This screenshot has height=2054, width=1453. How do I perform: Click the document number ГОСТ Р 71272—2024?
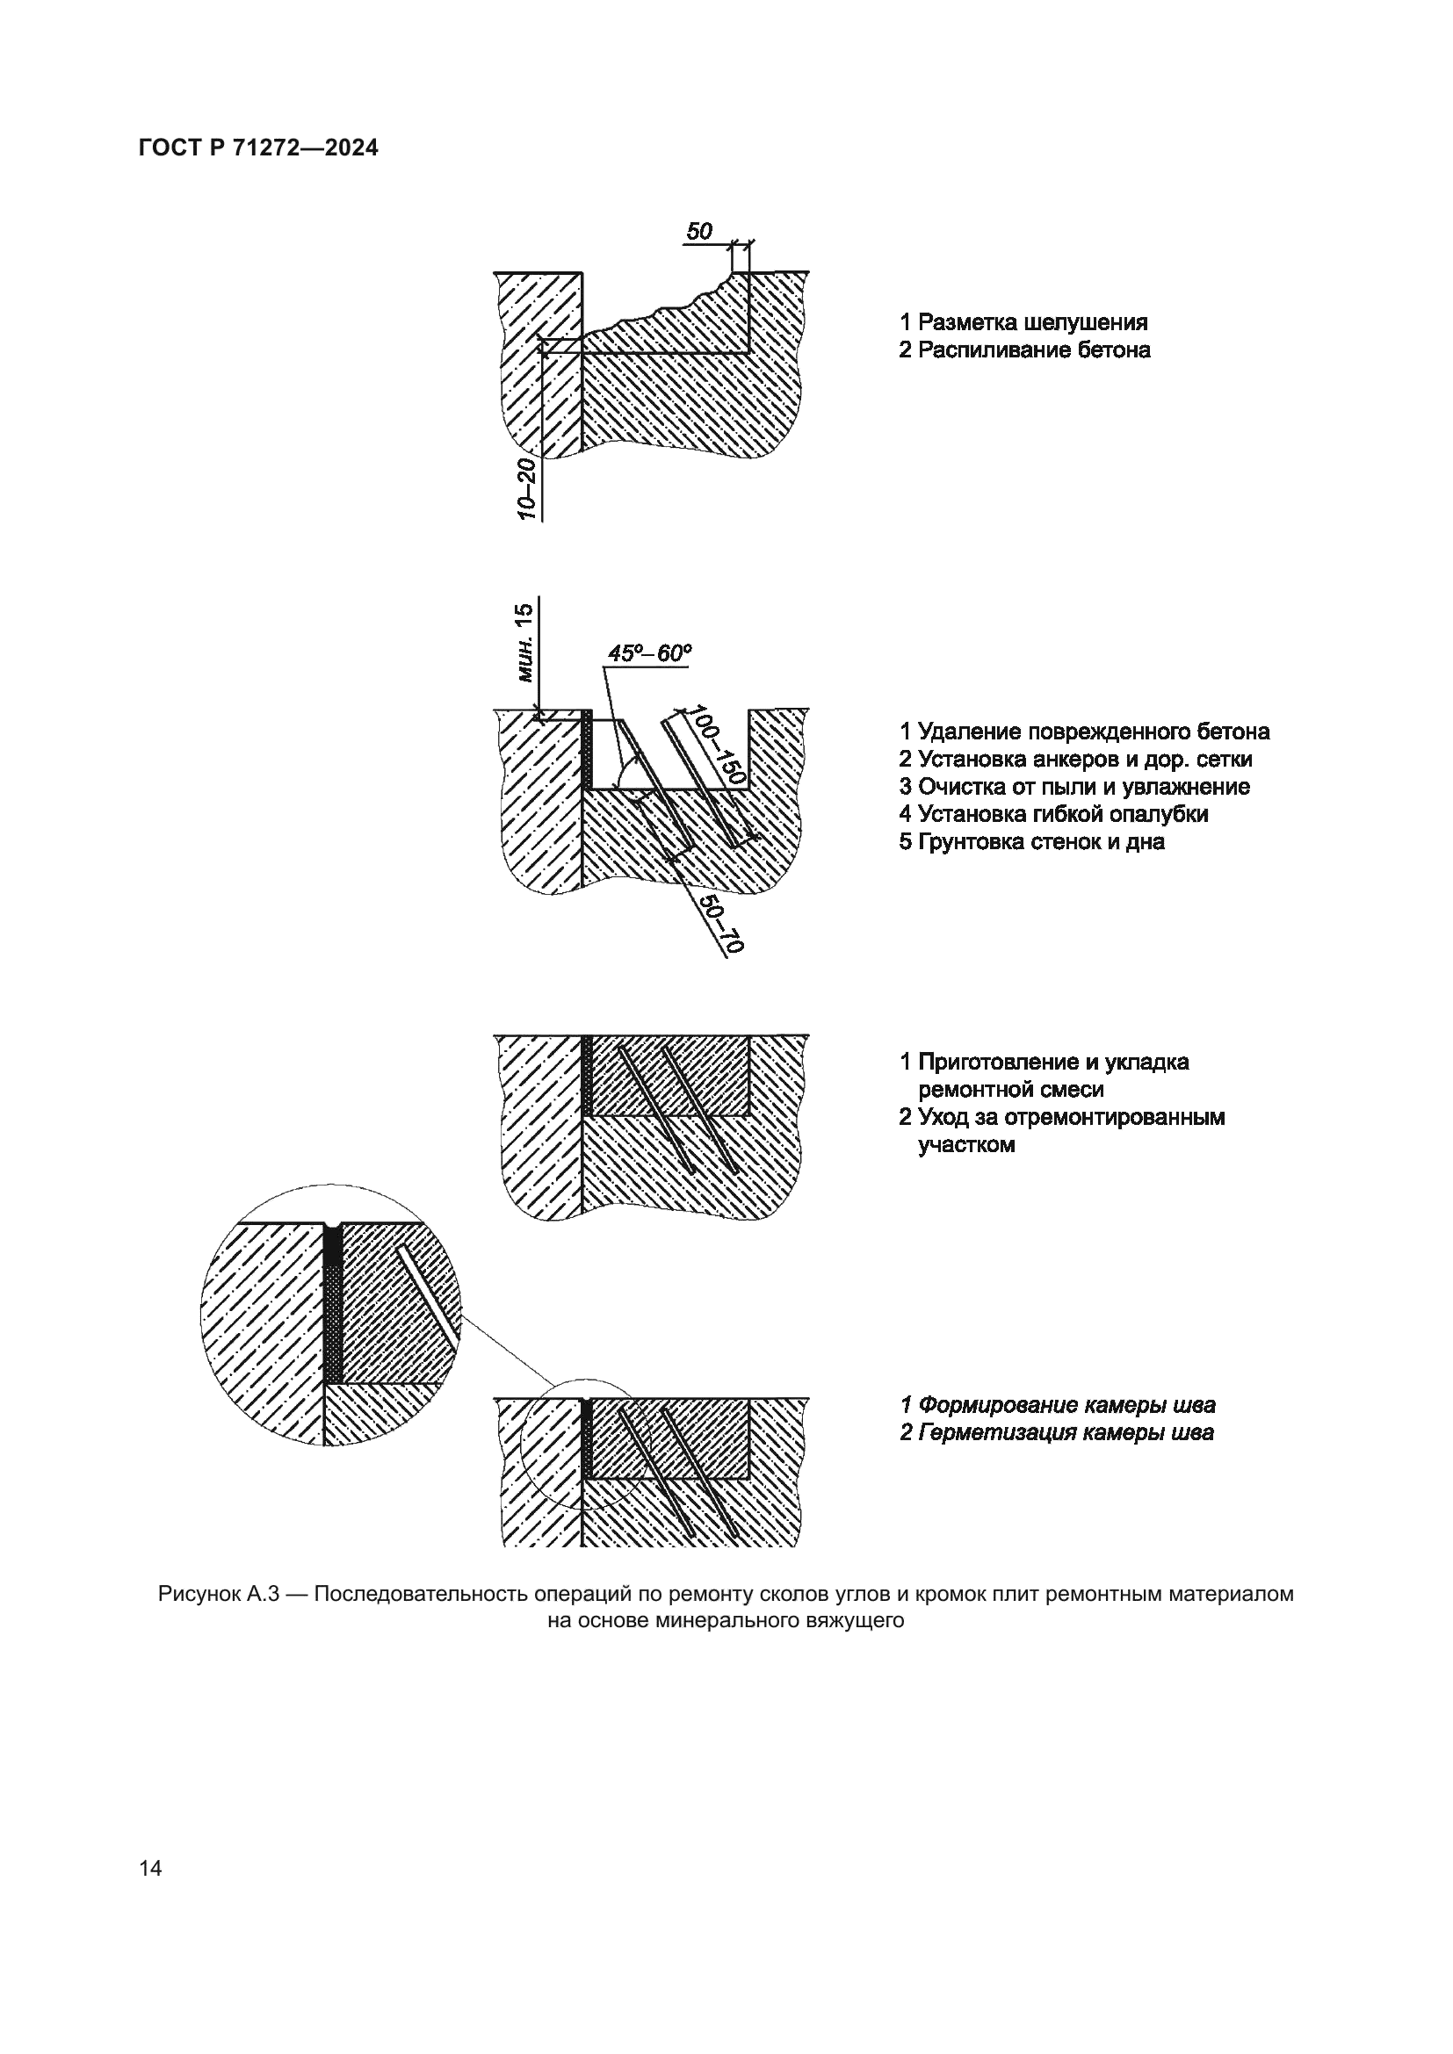point(258,148)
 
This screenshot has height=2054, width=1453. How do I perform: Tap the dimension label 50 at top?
point(698,232)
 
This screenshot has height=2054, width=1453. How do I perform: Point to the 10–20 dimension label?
point(527,488)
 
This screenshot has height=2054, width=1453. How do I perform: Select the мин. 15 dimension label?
point(525,642)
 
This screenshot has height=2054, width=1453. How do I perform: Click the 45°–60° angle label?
point(649,654)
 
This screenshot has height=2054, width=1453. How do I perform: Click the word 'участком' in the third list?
point(966,1145)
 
